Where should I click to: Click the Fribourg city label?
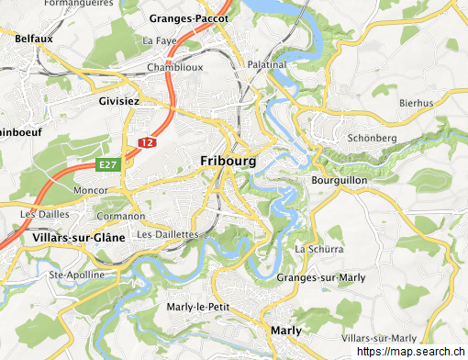228,161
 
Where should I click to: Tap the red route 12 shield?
146,142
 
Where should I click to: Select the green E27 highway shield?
109,164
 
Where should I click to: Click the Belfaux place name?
33,39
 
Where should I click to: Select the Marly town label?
286,330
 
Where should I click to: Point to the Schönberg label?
372,138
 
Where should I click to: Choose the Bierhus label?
416,103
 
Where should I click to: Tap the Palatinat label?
267,65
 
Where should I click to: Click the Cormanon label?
120,217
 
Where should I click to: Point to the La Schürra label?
318,249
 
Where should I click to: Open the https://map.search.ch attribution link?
411,352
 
